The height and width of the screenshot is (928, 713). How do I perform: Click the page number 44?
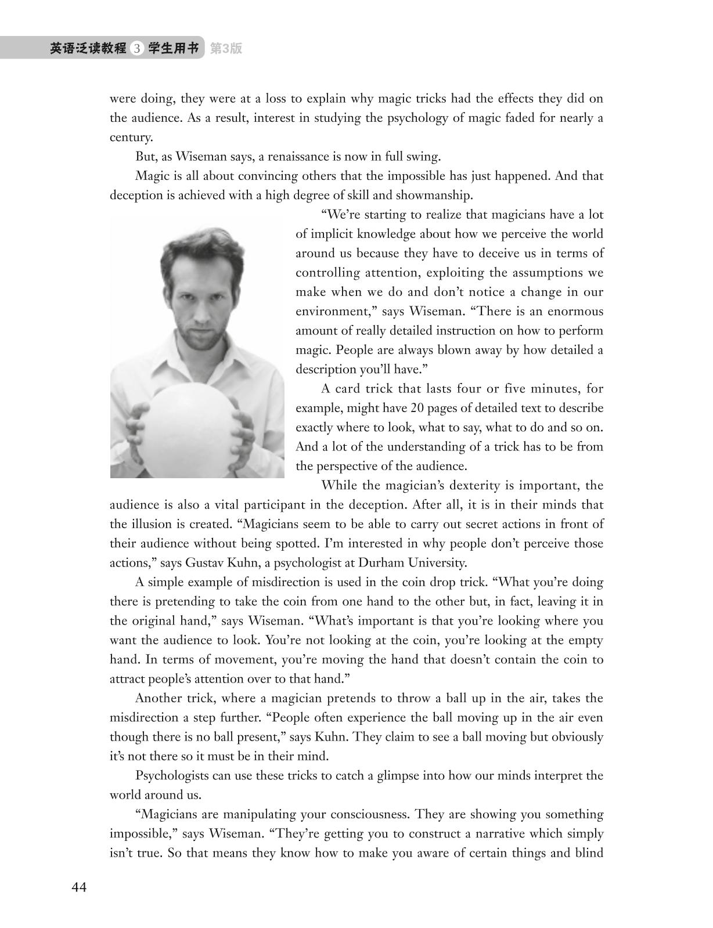coord(79,888)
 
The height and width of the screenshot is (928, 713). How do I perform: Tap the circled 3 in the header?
coord(137,49)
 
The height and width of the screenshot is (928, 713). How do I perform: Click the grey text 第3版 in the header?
coord(226,49)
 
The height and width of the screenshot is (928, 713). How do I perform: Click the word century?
coord(131,138)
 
